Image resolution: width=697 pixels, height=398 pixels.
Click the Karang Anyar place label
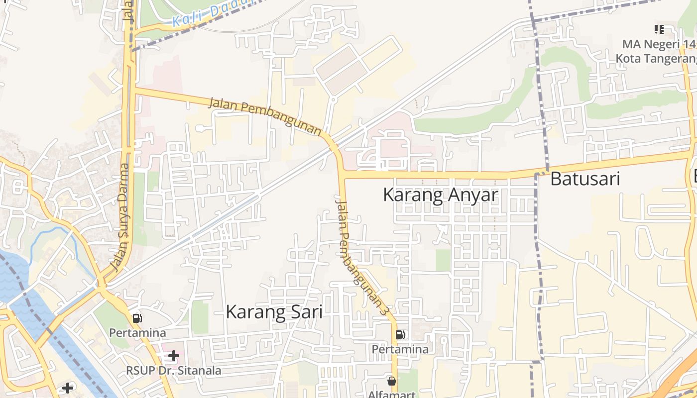click(440, 195)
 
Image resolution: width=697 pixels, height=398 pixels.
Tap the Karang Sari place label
click(274, 312)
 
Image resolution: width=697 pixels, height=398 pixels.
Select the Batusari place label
click(585, 179)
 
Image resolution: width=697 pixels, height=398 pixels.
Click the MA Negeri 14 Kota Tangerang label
click(656, 51)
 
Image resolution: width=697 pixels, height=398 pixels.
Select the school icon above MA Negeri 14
click(659, 30)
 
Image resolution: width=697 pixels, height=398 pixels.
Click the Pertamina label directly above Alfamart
click(400, 349)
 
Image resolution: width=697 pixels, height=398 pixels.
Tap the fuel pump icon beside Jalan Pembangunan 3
click(400, 335)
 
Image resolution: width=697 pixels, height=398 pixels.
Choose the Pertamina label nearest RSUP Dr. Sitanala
click(137, 332)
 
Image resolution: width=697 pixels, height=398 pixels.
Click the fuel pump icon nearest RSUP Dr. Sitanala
click(137, 318)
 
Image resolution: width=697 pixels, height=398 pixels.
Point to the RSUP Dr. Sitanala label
click(173, 371)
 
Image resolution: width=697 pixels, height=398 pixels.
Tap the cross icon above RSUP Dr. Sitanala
click(173, 356)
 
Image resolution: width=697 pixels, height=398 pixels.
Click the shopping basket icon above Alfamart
click(392, 381)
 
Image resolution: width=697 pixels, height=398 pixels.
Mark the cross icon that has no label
click(68, 388)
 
